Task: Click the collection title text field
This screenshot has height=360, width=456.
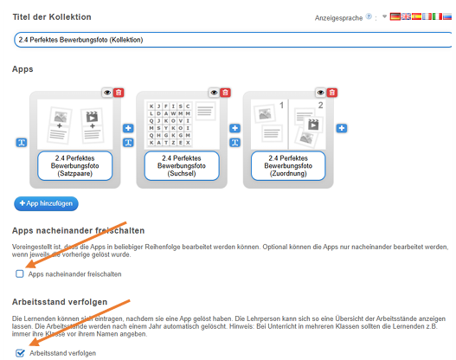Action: coord(233,40)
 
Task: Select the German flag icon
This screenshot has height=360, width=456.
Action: coord(395,16)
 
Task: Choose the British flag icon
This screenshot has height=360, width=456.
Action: coord(406,16)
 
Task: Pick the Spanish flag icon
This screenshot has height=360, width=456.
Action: coord(416,16)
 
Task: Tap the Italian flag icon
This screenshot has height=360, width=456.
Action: coord(437,16)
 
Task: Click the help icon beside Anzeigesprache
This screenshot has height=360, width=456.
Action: coord(369,16)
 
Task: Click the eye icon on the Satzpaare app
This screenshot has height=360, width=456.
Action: coord(107,93)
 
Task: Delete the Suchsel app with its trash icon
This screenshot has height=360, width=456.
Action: coord(225,93)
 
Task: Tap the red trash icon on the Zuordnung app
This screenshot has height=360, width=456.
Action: coord(331,93)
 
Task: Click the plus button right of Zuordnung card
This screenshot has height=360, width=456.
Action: coord(342,128)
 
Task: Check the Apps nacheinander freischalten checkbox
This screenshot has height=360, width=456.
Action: coord(20,274)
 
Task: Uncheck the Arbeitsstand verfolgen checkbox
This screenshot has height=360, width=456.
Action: coord(20,353)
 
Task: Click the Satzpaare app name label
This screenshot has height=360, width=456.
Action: coord(74,166)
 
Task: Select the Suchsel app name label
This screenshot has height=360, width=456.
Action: coord(182,166)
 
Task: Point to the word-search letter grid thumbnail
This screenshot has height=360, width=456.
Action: coord(170,124)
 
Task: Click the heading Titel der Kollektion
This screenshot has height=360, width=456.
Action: coord(52,17)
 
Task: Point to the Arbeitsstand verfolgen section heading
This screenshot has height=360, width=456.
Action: coord(60,302)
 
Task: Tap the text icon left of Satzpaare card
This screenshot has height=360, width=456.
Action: coord(22,143)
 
